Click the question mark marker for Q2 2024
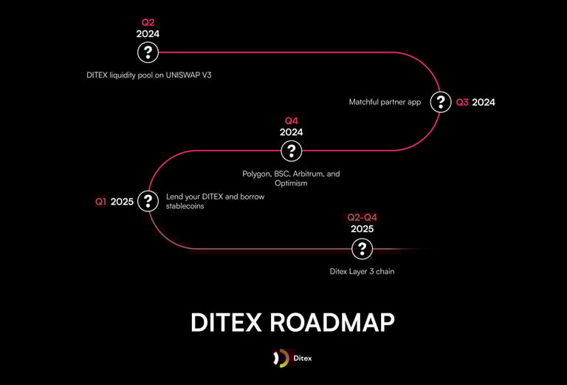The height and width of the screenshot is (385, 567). (x=148, y=52)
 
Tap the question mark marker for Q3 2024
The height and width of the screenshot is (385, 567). (x=441, y=102)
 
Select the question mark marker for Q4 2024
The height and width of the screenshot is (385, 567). (x=292, y=151)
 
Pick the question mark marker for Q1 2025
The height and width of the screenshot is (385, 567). (x=148, y=201)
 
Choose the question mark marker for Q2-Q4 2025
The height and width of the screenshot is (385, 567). (x=362, y=249)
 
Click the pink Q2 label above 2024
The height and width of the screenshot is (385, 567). (x=148, y=23)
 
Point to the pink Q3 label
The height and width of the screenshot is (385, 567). (x=462, y=103)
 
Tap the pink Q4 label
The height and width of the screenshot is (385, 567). (x=292, y=121)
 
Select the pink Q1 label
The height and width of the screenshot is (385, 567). (x=101, y=202)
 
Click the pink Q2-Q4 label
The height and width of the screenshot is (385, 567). (x=362, y=218)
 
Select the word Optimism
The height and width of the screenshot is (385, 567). (x=291, y=183)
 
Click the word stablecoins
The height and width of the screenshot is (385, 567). (x=185, y=206)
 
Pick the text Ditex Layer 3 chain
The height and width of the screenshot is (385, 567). (x=362, y=272)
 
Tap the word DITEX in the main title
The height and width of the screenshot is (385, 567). (x=226, y=322)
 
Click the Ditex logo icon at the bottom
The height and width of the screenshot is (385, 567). (x=281, y=358)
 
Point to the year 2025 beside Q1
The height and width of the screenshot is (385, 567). (x=122, y=202)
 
